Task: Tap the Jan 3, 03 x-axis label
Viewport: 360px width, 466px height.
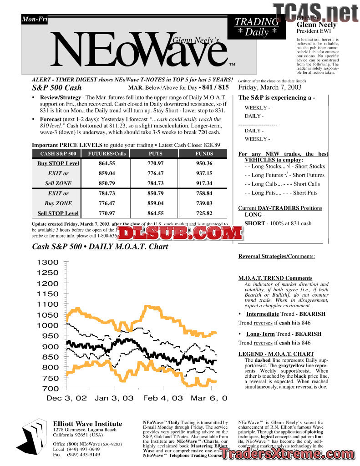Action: click(114, 398)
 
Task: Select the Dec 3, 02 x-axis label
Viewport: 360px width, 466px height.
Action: click(66, 398)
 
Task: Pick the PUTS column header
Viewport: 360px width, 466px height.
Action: click(155, 154)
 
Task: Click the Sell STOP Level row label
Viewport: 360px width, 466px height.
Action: click(58, 213)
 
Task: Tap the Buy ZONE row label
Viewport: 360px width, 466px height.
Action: click(58, 203)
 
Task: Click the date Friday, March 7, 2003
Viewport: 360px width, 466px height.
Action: click(270, 87)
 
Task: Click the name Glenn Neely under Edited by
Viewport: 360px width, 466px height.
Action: click(316, 25)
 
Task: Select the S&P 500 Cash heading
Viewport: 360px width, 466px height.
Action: click(57, 88)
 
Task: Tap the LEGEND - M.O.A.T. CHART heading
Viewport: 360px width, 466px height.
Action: click(276, 354)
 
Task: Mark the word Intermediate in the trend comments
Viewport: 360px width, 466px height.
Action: click(263, 314)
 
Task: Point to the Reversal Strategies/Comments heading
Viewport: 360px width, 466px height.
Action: click(276, 257)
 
